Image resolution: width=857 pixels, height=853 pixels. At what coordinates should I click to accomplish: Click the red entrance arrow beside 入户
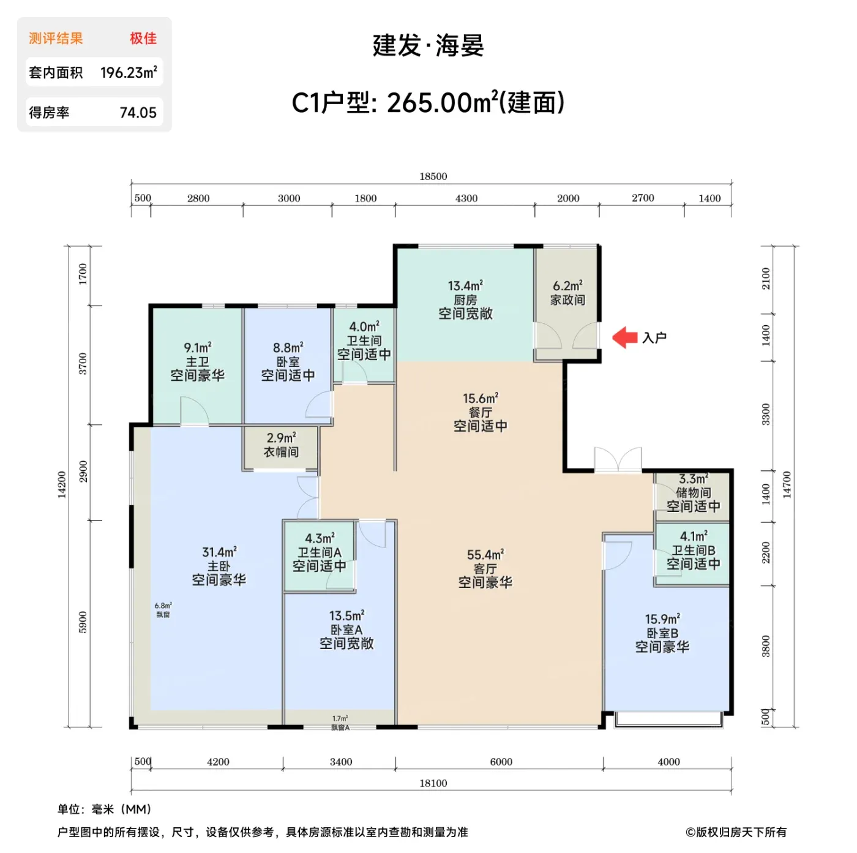[624, 338]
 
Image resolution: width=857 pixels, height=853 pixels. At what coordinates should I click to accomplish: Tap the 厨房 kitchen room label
[465, 300]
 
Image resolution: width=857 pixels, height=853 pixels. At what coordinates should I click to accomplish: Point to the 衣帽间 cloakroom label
[280, 452]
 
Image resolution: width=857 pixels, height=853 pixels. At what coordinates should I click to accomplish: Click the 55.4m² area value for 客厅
[485, 554]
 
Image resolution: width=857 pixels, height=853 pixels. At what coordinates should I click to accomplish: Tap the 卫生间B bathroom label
[693, 550]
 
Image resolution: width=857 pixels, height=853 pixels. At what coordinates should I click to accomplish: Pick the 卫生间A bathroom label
[319, 552]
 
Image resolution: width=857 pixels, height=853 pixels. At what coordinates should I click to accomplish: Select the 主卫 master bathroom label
[197, 361]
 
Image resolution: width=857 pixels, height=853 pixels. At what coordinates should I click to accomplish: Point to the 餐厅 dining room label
[480, 412]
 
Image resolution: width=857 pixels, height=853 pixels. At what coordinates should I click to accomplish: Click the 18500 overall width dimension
[433, 176]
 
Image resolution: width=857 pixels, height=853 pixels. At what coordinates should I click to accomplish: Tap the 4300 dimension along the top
[466, 198]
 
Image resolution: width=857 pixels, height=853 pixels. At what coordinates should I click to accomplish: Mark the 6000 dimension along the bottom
[501, 761]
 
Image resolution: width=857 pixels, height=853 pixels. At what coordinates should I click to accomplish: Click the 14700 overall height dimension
[786, 484]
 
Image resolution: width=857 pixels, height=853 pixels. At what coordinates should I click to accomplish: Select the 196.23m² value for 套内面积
[129, 72]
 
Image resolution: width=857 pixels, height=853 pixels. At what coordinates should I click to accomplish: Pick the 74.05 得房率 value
[138, 113]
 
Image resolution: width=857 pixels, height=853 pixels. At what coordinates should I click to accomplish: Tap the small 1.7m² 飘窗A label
[340, 723]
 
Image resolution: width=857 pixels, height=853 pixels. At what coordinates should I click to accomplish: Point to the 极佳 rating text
[143, 38]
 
